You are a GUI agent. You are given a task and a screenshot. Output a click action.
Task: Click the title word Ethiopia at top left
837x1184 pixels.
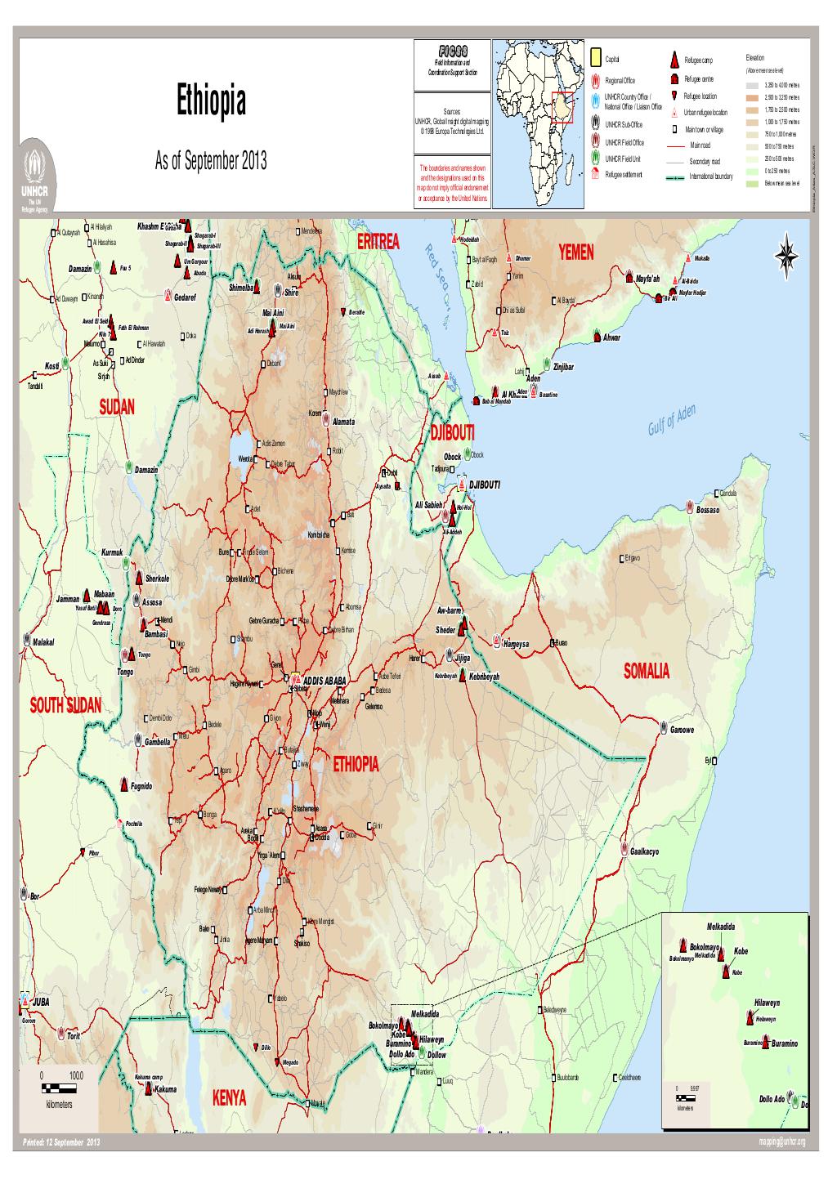pos(211,104)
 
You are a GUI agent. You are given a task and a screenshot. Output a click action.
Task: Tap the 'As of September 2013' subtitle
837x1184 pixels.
pos(210,161)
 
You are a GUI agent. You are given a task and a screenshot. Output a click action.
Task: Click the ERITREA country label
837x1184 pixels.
pos(378,242)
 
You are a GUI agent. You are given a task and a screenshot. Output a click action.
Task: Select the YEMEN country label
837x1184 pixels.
pos(577,252)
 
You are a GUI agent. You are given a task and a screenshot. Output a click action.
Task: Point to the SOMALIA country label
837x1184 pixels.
pos(646,672)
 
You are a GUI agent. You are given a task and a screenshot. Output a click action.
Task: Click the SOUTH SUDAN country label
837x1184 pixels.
pos(66,705)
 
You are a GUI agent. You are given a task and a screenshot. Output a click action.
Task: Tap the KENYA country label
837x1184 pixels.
pos(229,1097)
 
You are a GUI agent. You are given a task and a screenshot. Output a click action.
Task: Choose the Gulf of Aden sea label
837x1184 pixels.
pos(668,421)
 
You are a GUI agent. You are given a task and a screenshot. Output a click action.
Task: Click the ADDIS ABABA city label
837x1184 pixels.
pos(325,680)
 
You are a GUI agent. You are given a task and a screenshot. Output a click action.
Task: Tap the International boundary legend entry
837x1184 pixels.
pos(712,176)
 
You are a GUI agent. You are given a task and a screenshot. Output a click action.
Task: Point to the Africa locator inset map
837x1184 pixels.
pos(539,123)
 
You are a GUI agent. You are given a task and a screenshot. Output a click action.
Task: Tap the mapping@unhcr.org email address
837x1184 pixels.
pos(781,1142)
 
